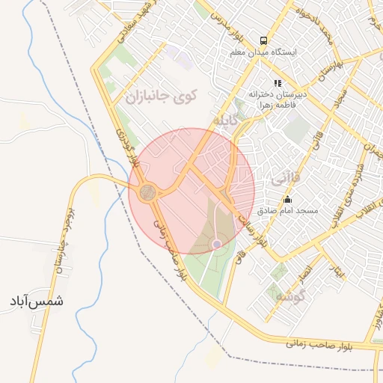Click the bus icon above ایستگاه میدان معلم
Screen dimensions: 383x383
263,40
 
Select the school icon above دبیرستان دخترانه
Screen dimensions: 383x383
278,84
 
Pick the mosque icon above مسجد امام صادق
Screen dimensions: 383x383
288,199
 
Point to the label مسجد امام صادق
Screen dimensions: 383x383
288,211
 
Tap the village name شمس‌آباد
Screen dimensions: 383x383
36,301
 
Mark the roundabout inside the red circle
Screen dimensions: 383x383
147,192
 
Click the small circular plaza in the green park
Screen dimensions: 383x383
217,243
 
